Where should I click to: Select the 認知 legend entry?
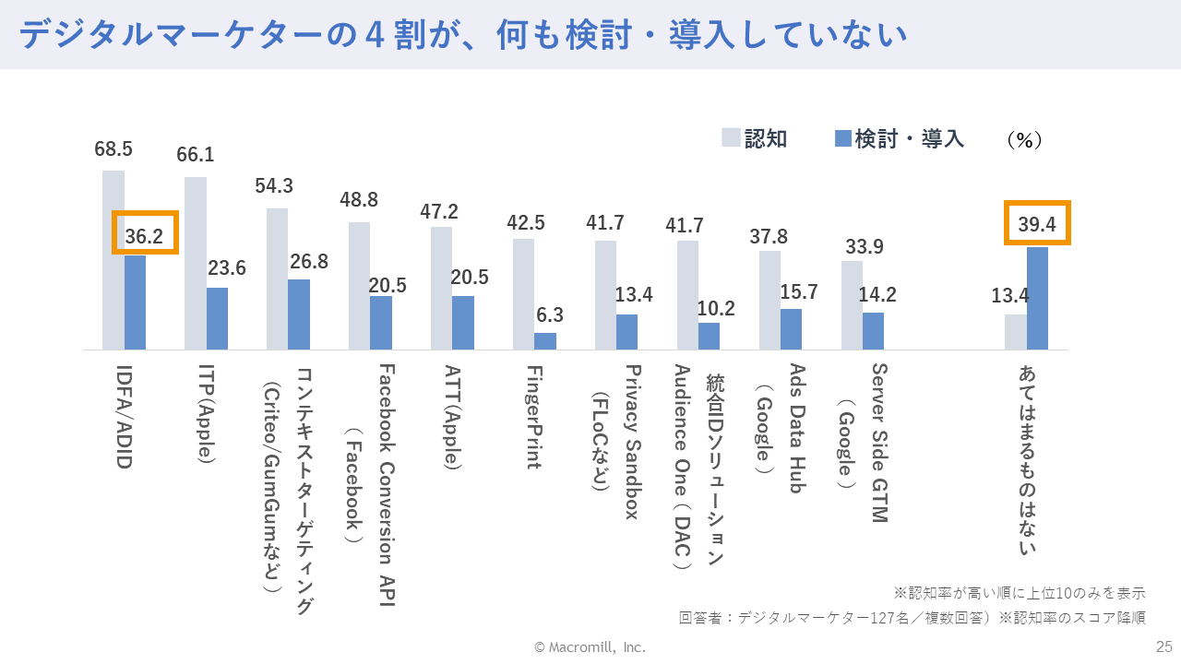[755, 139]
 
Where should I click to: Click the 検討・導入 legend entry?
[899, 139]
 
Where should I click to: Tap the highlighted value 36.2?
[144, 236]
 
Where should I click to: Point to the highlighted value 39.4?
[1037, 224]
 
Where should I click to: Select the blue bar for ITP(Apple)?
[217, 318]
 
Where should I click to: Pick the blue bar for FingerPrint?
[545, 341]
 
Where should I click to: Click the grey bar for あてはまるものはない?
[1015, 332]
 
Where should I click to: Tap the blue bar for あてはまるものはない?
[1037, 298]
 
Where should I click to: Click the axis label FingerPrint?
[533, 416]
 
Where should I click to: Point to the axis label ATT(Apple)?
[451, 417]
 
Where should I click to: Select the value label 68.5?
[113, 148]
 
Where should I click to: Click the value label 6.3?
[550, 314]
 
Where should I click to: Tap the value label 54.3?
[274, 186]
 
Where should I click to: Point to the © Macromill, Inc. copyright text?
[590, 647]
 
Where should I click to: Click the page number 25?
[1163, 646]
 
